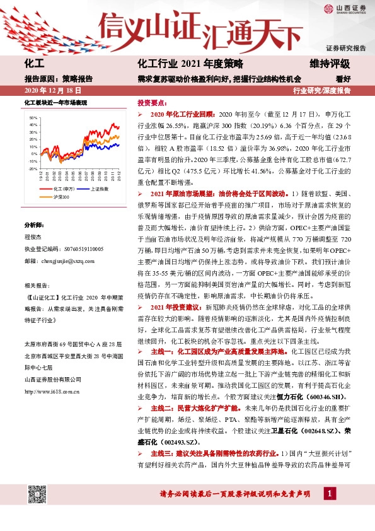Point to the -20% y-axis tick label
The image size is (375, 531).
pos(32,168)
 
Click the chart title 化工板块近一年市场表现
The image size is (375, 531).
pos(55,102)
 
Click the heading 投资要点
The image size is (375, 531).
pos(151,102)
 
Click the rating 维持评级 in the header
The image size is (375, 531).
pos(330,64)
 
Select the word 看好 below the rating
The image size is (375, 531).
pos(343,79)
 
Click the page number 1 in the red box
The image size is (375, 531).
pos(329,510)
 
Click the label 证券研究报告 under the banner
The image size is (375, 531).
pos(345,48)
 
